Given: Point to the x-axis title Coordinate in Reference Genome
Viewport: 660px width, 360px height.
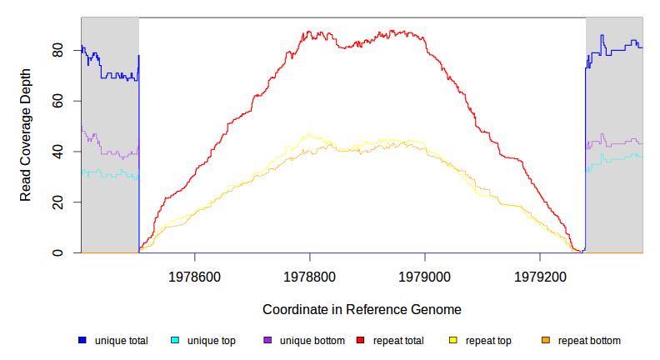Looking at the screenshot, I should [362, 309].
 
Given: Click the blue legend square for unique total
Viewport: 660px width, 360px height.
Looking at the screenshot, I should [82, 340].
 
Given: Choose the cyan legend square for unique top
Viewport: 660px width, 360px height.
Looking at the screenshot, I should [175, 340].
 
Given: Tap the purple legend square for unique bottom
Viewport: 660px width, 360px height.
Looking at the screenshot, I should [267, 340].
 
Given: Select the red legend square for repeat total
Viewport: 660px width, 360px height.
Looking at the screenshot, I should [361, 340].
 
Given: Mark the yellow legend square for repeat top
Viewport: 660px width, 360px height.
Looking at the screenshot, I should [453, 340].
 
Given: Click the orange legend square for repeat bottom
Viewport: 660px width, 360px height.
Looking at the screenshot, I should [546, 340].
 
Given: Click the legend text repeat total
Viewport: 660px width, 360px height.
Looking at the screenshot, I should [398, 340].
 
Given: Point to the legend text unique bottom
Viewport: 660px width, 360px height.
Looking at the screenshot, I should [311, 340].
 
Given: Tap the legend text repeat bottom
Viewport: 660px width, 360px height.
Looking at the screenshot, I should [589, 340].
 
